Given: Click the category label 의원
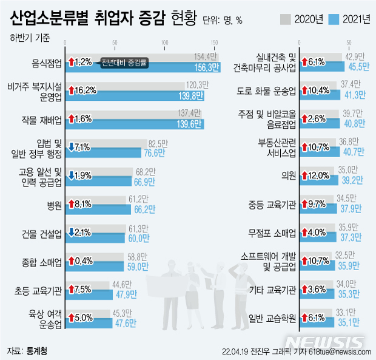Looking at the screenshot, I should [289, 175].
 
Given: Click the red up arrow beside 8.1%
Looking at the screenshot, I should [72, 206].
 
